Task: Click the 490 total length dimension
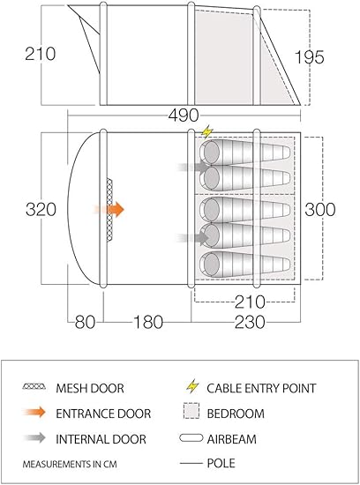(x=184, y=115)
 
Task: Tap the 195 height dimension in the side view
(x=309, y=57)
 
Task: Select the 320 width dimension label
(x=41, y=209)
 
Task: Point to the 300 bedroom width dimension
(x=320, y=209)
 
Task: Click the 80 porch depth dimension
(x=85, y=322)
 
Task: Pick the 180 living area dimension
(x=148, y=322)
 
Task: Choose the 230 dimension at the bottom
(x=250, y=322)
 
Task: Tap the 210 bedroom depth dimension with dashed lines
(x=250, y=302)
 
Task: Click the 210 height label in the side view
(x=41, y=54)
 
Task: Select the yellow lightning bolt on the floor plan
(x=206, y=131)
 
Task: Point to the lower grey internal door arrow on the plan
(x=193, y=238)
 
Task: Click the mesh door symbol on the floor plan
(x=109, y=210)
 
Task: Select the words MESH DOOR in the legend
(x=90, y=388)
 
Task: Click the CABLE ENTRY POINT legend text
(x=261, y=388)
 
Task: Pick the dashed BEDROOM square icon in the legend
(x=191, y=411)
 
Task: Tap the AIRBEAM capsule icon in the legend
(x=191, y=438)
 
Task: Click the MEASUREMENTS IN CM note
(x=70, y=464)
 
